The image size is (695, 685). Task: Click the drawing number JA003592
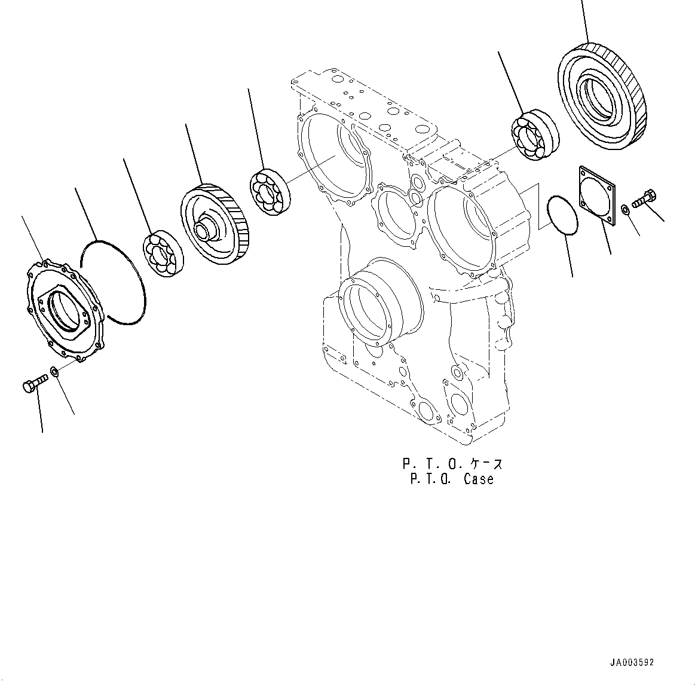(x=632, y=662)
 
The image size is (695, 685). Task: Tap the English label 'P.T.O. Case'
(x=452, y=479)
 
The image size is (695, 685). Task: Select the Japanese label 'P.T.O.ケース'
(x=452, y=463)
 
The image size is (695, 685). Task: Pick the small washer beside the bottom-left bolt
(x=54, y=372)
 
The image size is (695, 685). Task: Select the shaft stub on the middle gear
(x=207, y=228)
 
